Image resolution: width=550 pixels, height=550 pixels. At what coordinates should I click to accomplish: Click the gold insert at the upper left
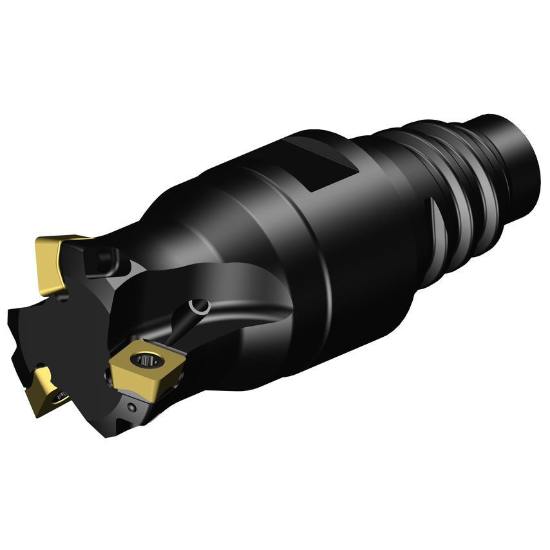coord(53,261)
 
